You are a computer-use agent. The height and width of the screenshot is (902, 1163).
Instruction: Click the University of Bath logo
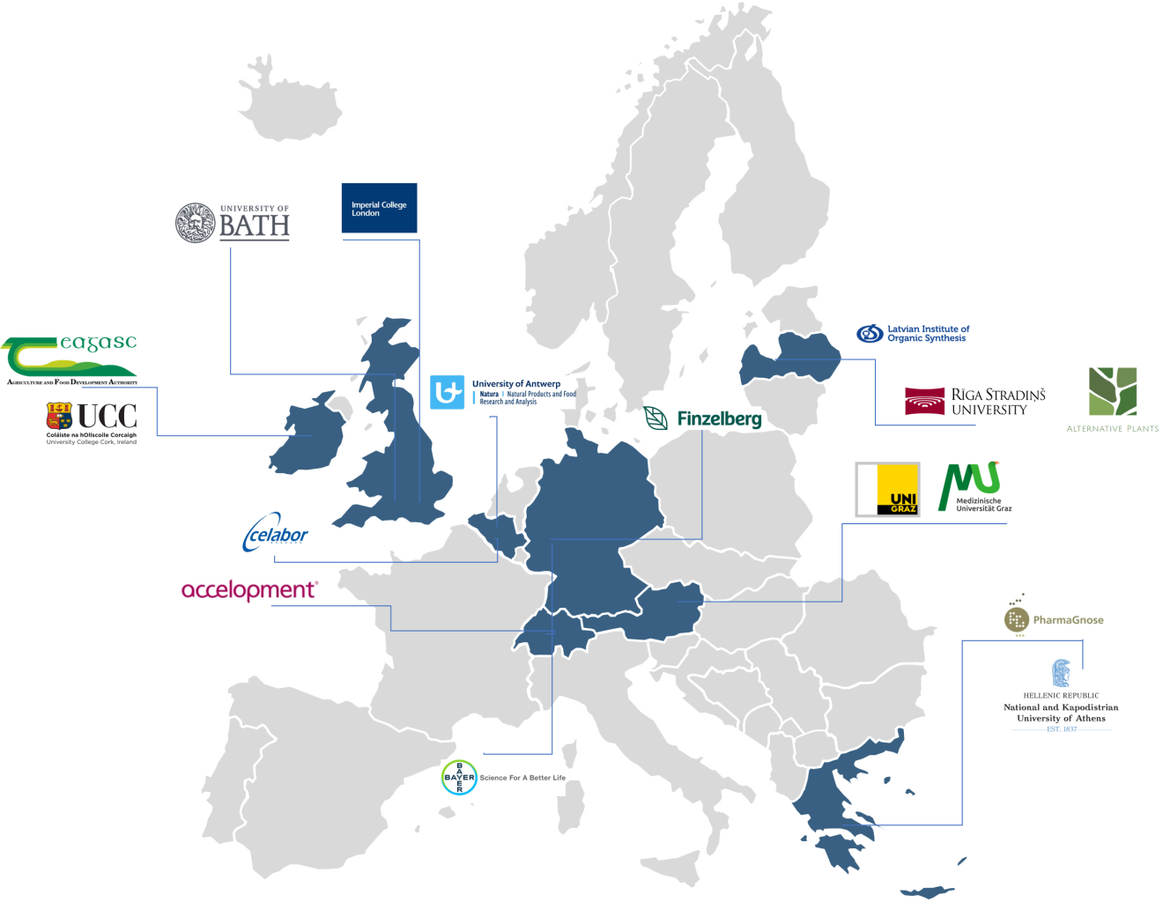pos(233,222)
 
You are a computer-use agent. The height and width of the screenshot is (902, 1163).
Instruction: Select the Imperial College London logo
pos(379,208)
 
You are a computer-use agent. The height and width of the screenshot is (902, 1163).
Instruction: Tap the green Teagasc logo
pos(70,354)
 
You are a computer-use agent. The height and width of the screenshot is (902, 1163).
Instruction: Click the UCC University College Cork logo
pos(92,424)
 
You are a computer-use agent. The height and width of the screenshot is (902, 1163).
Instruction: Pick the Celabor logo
pos(276,532)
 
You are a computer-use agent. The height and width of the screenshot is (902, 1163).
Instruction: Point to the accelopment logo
pos(249,590)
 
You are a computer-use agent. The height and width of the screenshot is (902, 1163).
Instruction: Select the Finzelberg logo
pos(703,419)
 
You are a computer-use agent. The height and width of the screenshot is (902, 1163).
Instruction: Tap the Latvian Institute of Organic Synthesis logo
pos(913,334)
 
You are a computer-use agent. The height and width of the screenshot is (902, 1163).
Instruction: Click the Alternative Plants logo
pos(1112,399)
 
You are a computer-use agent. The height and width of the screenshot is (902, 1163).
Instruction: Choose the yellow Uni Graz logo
pos(887,489)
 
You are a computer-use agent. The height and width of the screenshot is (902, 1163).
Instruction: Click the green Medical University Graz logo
pos(973,486)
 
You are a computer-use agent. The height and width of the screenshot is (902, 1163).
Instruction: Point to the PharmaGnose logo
pos(1054,611)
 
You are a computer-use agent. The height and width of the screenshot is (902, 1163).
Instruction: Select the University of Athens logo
pos(1061,695)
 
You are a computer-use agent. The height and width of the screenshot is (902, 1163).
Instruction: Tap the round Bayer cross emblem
pos(459,778)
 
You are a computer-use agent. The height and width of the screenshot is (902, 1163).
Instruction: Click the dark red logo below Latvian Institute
pos(925,401)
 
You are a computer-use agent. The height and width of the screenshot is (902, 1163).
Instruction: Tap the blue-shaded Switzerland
pos(546,632)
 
